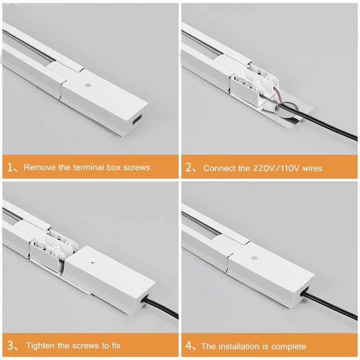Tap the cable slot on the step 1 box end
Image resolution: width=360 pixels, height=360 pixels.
(138, 120)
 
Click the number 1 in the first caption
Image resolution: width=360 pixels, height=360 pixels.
(10, 167)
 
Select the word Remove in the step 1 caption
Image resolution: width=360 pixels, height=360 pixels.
(39, 167)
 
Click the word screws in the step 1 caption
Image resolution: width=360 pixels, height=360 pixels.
(137, 167)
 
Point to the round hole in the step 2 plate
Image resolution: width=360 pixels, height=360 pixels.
(286, 110)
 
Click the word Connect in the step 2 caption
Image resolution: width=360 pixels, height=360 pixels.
(220, 168)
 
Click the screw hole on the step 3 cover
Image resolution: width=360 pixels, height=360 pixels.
(92, 261)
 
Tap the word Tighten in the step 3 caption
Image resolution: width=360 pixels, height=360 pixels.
(40, 345)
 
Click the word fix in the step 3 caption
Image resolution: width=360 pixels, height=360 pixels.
(116, 345)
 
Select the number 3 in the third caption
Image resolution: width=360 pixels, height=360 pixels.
(10, 345)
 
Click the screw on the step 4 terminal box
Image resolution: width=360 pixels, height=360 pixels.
(253, 258)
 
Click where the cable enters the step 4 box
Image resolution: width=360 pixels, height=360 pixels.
(305, 293)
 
